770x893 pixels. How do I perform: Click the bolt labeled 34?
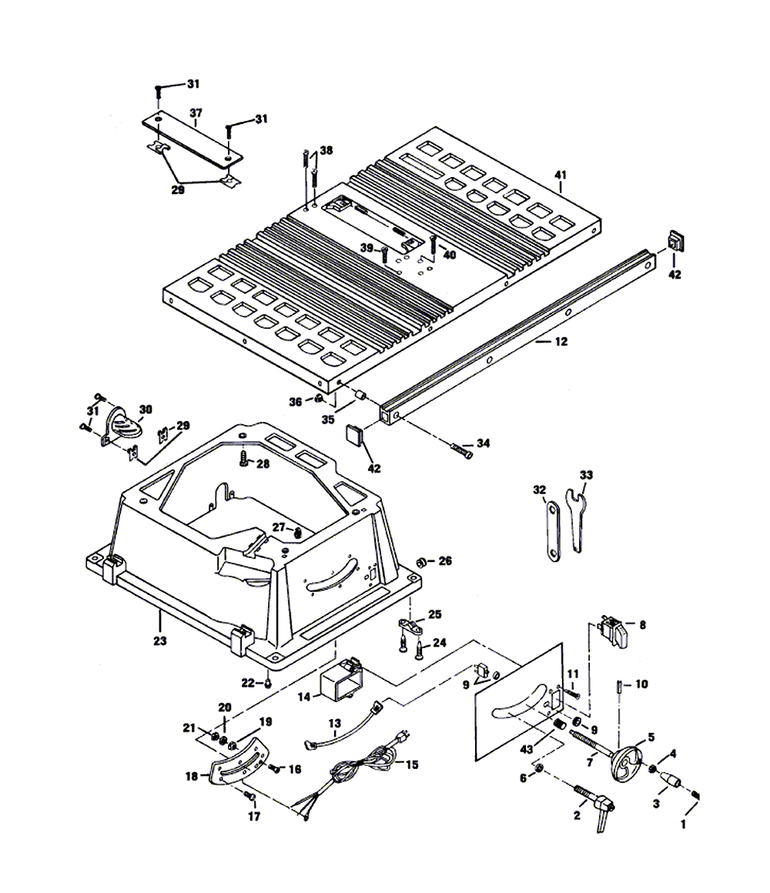pyautogui.click(x=461, y=448)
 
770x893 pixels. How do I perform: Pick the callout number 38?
pyautogui.click(x=326, y=151)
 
